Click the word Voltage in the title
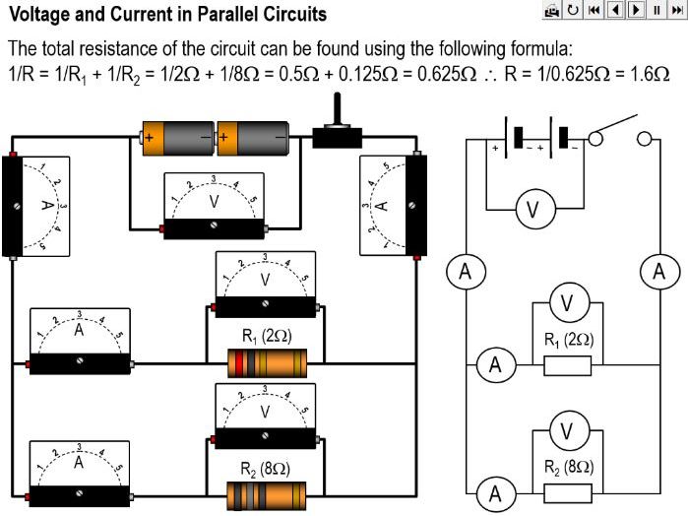41,15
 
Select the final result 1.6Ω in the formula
650,77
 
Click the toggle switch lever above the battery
338,111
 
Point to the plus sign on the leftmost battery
150,138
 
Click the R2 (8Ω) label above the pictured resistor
265,469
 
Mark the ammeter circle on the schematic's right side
659,272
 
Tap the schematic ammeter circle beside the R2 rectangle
495,492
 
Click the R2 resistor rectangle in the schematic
568,493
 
